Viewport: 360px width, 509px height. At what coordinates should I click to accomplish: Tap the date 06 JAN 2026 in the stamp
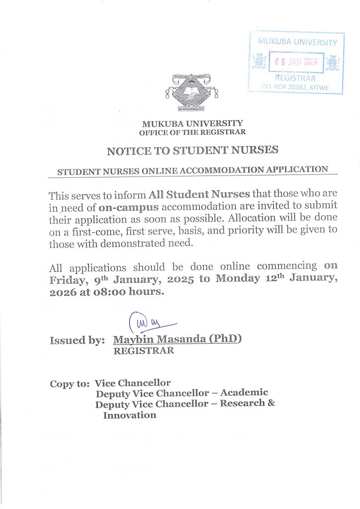296,63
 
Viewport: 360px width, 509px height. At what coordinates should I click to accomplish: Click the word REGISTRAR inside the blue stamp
295,78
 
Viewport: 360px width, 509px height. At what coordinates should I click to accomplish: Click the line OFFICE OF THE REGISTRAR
192,132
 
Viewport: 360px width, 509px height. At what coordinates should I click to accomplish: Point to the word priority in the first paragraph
253,231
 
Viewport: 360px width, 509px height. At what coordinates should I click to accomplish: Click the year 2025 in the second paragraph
181,279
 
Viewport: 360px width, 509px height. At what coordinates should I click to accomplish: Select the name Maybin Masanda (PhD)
177,339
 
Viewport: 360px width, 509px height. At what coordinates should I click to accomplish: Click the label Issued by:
77,340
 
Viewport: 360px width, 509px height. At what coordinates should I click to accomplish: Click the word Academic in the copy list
244,393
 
